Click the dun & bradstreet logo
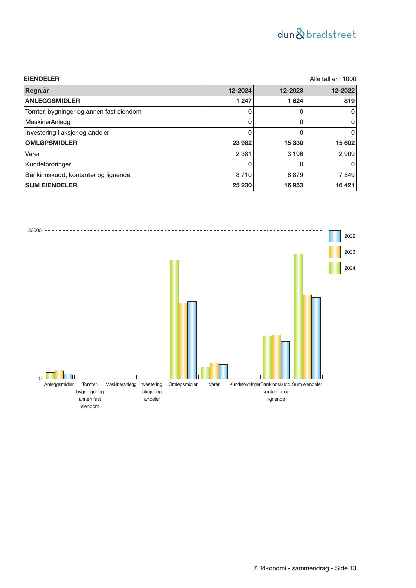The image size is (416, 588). click(x=316, y=34)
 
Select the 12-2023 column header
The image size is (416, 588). click(x=291, y=91)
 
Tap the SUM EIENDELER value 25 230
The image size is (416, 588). click(x=242, y=185)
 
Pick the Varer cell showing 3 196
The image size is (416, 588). click(x=294, y=154)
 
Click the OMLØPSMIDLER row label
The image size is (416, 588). click(x=51, y=143)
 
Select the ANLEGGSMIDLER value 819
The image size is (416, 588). click(x=349, y=101)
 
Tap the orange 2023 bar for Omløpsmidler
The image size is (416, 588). click(x=183, y=341)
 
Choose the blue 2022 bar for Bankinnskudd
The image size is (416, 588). click(x=285, y=360)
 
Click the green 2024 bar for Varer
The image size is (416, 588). click(x=205, y=373)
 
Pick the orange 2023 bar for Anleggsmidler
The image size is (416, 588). click(x=59, y=375)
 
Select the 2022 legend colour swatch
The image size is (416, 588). click(x=334, y=236)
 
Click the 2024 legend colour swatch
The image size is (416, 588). click(x=334, y=268)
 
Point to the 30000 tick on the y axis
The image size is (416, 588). click(x=35, y=231)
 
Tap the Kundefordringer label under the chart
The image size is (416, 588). click(x=245, y=385)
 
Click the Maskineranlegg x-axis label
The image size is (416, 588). click(x=121, y=385)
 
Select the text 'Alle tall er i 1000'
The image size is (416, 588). click(x=333, y=79)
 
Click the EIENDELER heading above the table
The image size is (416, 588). click(x=42, y=79)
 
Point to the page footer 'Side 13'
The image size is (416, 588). click(x=345, y=568)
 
